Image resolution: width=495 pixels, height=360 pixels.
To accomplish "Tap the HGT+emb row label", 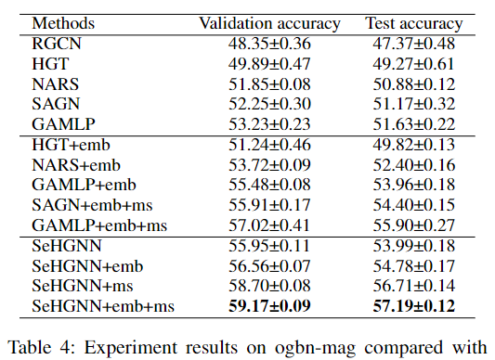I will tap(72, 145).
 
